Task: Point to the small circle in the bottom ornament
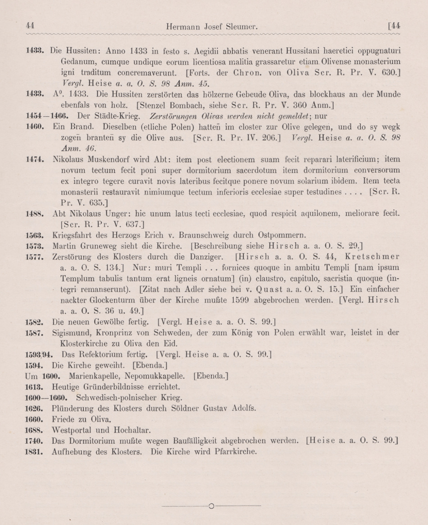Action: pos(211,506)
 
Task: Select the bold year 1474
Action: pos(34,159)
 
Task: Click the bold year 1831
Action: pos(34,451)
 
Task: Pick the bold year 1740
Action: pos(34,441)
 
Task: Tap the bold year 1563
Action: pos(34,235)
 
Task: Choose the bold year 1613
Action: pos(34,387)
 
